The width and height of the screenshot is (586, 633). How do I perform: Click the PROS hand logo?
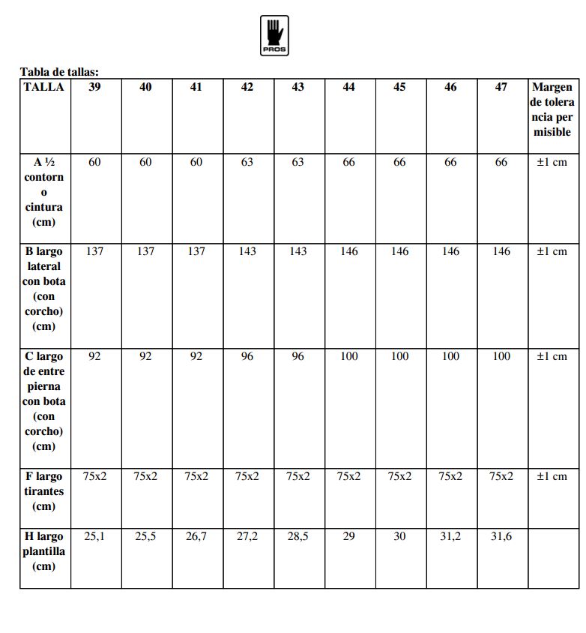tap(274, 35)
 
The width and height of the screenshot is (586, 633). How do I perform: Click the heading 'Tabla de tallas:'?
tap(59, 73)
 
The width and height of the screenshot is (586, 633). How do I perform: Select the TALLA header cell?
tap(44, 87)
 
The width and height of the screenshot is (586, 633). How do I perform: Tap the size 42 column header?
tap(247, 87)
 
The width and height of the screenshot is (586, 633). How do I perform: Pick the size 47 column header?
tap(501, 87)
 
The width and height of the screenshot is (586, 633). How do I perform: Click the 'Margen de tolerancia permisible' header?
tap(552, 109)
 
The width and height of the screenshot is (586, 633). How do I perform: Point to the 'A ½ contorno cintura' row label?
tap(44, 192)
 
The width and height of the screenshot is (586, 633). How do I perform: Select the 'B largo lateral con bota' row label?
tap(44, 289)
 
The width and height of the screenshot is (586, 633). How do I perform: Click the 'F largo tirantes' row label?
tap(44, 491)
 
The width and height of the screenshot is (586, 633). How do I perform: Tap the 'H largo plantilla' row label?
tap(44, 551)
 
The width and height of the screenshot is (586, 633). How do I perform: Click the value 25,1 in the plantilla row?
tap(94, 536)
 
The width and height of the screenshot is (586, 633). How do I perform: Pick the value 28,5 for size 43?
tap(298, 536)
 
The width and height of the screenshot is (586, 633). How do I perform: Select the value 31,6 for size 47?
tap(501, 536)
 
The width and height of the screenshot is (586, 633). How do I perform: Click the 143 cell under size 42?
tap(247, 251)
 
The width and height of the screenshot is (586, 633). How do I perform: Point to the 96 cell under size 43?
tap(298, 356)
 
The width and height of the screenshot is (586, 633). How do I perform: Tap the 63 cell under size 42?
tap(247, 162)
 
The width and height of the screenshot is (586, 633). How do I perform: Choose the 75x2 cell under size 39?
tap(94, 476)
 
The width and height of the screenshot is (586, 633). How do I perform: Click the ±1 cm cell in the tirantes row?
tap(552, 476)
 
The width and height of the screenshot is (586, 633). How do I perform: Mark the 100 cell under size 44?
tap(349, 356)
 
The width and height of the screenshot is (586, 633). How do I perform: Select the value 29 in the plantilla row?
tap(349, 536)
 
